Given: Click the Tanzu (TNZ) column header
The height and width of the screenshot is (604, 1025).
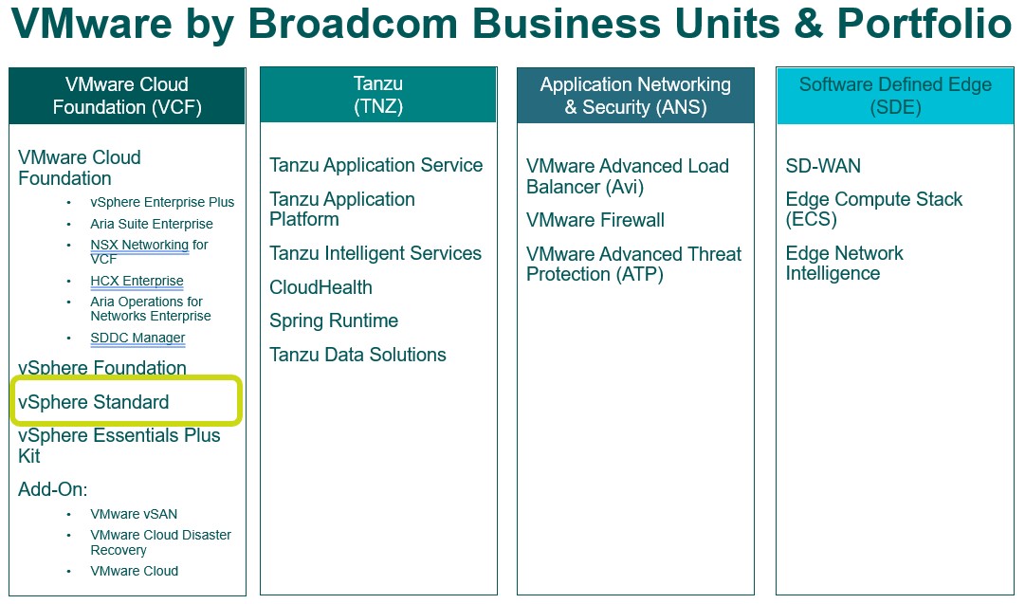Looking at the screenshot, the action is pyautogui.click(x=378, y=95).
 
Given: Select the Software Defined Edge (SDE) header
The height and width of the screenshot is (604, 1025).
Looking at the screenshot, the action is pyautogui.click(x=895, y=96).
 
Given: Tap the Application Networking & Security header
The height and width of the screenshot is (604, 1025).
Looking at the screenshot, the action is pyautogui.click(x=635, y=96).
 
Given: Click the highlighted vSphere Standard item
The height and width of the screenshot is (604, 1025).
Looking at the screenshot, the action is pyautogui.click(x=94, y=401).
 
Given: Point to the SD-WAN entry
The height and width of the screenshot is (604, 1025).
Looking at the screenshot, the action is pyautogui.click(x=823, y=166).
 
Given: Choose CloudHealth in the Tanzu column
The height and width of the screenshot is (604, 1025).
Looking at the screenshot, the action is pyautogui.click(x=321, y=287).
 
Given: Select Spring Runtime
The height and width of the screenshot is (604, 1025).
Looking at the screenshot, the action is pyautogui.click(x=334, y=320).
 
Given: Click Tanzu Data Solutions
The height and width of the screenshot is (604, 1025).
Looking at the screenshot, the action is pyautogui.click(x=357, y=355).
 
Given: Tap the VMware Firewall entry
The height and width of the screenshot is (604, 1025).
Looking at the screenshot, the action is pyautogui.click(x=595, y=220).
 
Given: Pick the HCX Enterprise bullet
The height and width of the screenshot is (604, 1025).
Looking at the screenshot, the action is pyautogui.click(x=137, y=281).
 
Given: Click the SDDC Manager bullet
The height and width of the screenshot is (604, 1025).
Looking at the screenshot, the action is pyautogui.click(x=137, y=338).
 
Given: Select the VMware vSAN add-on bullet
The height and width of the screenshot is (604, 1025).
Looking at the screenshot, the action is pyautogui.click(x=134, y=514).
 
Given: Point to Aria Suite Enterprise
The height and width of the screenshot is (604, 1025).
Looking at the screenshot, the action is pyautogui.click(x=152, y=224).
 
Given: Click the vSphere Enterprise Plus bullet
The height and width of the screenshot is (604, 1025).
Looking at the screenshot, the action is pyautogui.click(x=162, y=202).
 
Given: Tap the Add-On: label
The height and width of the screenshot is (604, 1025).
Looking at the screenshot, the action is pyautogui.click(x=53, y=489).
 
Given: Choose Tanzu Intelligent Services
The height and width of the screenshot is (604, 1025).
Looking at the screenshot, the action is pyautogui.click(x=375, y=253).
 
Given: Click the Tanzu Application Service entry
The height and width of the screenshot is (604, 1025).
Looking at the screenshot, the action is pyautogui.click(x=375, y=165).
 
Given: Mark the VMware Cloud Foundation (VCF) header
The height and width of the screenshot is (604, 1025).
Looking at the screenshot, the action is pyautogui.click(x=127, y=96).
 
